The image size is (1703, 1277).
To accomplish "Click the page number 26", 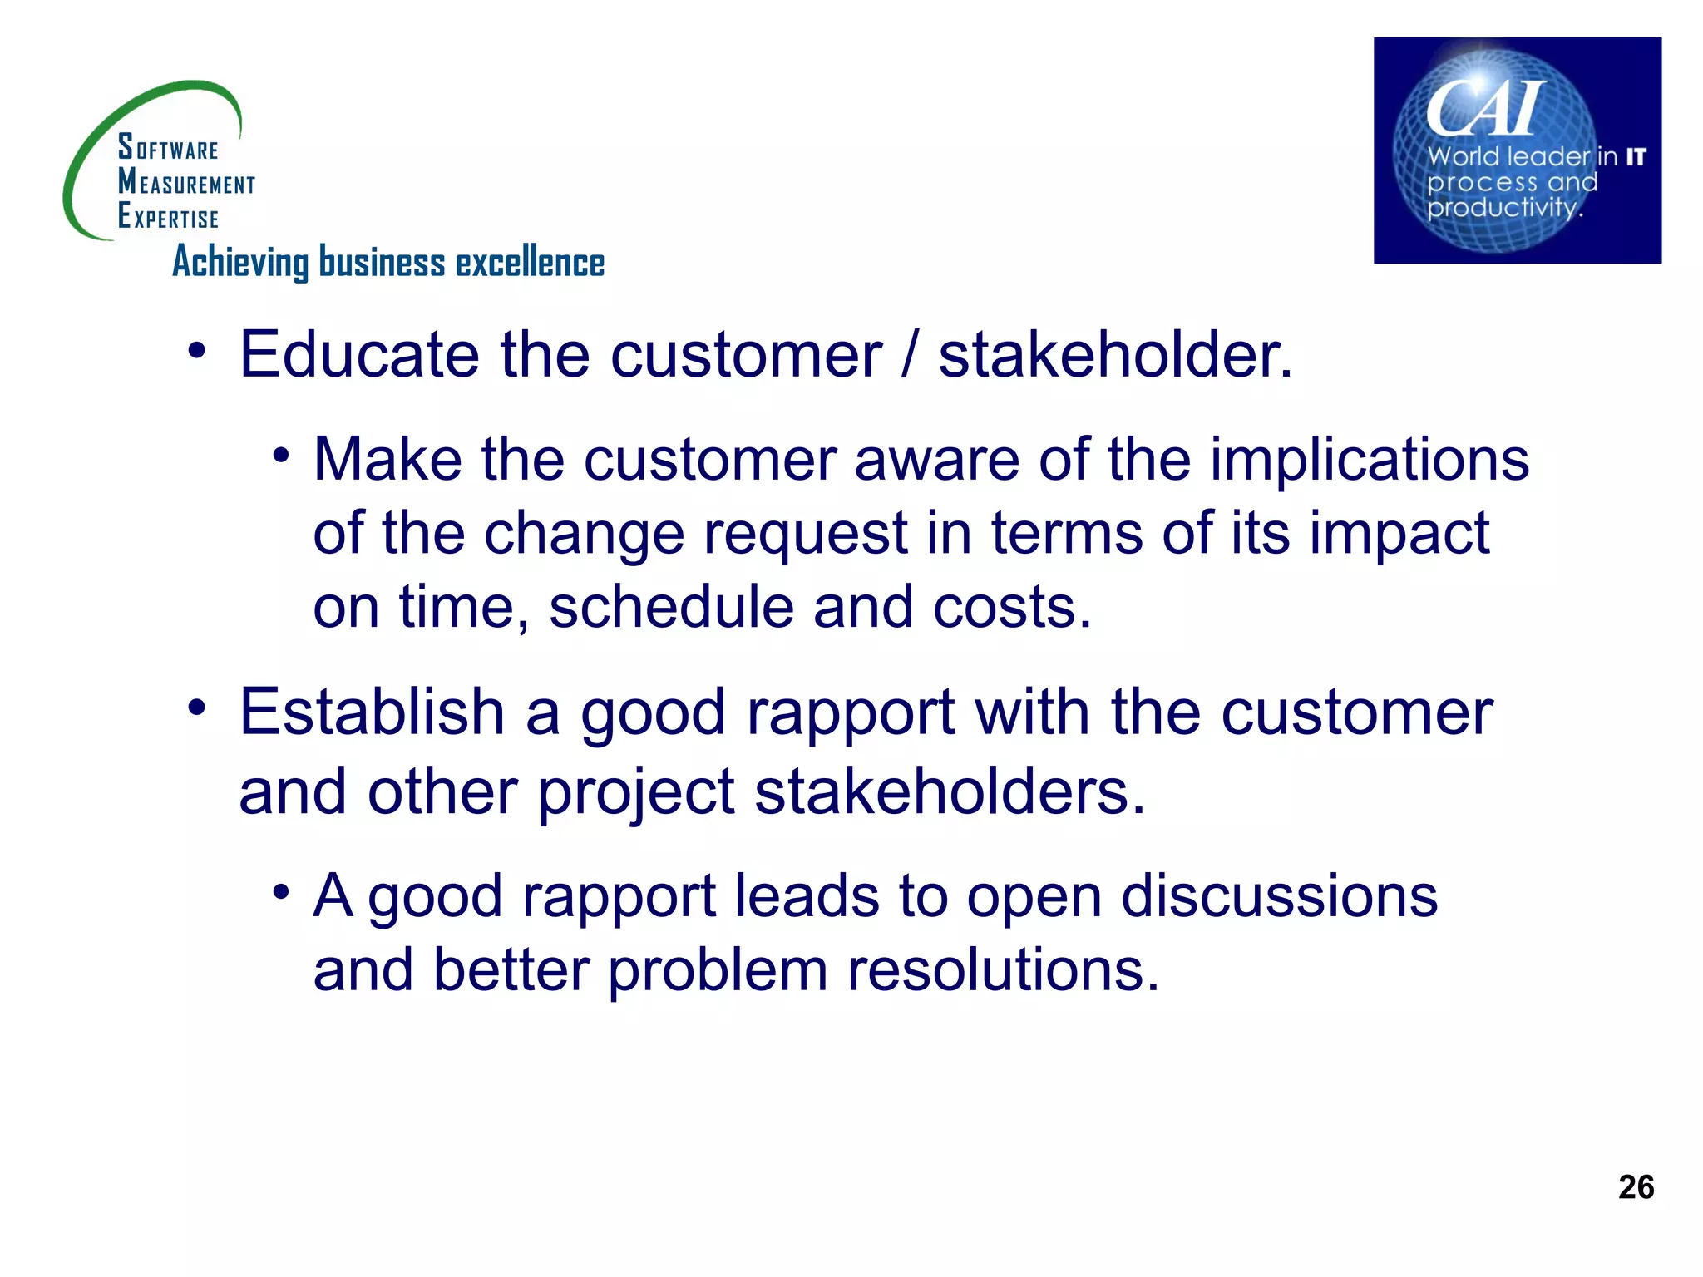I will click(x=1636, y=1186).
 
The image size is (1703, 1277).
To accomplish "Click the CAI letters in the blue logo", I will click(x=1485, y=109).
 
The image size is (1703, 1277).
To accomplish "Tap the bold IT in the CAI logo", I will click(x=1636, y=156).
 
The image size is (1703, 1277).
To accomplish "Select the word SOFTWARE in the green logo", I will click(x=168, y=148).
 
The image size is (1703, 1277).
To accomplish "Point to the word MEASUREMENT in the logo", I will click(x=186, y=181).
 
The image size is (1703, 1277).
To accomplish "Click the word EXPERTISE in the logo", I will click(x=168, y=216).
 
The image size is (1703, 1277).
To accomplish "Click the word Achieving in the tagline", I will click(x=240, y=263).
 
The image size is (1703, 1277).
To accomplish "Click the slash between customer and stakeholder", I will click(x=910, y=355).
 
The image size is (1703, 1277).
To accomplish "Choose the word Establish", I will click(x=372, y=712).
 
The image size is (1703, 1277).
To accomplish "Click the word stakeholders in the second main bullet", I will click(x=950, y=791).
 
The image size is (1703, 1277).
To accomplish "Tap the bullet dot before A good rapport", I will click(x=281, y=892).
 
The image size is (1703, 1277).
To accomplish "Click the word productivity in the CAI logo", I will click(x=1502, y=208).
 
